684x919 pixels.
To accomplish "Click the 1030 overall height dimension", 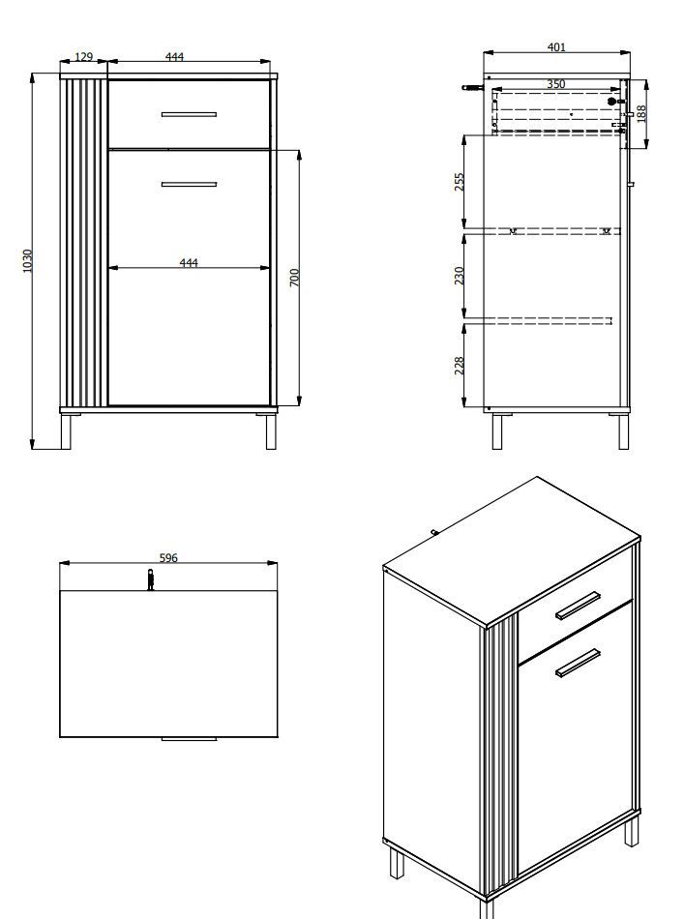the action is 27,260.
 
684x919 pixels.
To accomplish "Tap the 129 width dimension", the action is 84,57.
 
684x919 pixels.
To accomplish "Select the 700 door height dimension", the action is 294,278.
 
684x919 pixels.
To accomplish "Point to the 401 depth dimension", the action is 556,46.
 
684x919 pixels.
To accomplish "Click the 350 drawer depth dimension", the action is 556,84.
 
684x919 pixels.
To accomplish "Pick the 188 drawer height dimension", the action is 640,114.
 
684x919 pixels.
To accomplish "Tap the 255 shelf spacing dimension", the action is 460,181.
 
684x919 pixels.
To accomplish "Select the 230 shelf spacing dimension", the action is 460,276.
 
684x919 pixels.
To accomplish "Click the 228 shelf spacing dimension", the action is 460,365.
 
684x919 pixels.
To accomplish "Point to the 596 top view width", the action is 168,557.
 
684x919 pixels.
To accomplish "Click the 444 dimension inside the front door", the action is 189,262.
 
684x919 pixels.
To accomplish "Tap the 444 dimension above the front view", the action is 175,56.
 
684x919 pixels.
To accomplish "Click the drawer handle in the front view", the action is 189,114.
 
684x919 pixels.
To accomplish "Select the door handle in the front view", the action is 189,184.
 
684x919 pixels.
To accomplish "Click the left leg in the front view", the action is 66,431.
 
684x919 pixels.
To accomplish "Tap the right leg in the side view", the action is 624,431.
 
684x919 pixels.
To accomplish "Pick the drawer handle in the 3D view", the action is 578,606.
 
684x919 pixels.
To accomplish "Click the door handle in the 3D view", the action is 579,663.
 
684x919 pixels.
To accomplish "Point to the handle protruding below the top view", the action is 189,739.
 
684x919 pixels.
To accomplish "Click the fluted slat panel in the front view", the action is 84,243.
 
